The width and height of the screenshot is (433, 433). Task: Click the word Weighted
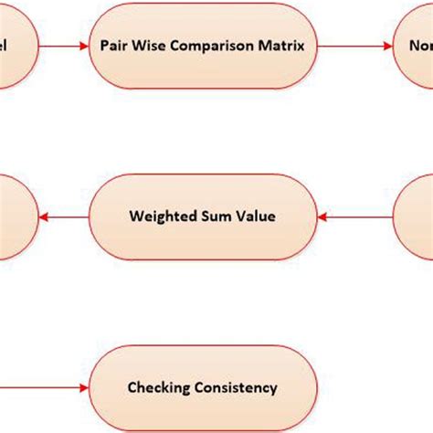159,216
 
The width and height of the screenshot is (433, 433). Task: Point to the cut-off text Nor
420,45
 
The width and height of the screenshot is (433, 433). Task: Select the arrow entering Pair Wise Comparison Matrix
64,45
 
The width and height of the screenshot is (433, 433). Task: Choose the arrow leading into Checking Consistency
46,387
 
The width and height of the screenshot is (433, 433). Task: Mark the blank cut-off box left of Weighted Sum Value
16,216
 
